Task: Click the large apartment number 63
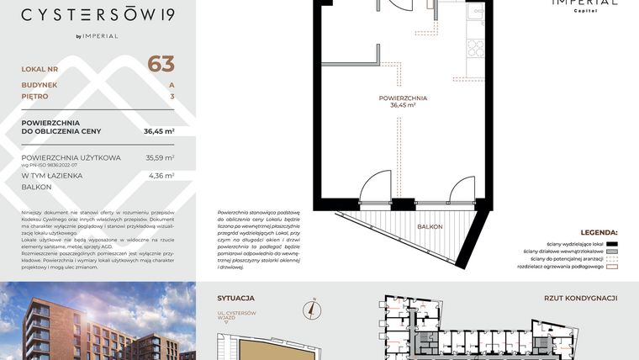[161, 64]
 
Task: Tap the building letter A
[172, 85]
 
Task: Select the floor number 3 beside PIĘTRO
[172, 97]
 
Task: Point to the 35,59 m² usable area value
[160, 157]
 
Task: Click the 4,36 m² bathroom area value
[160, 176]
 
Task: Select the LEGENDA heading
[599, 231]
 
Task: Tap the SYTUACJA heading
[236, 298]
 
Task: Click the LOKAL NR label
[39, 68]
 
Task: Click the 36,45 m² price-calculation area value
[159, 131]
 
